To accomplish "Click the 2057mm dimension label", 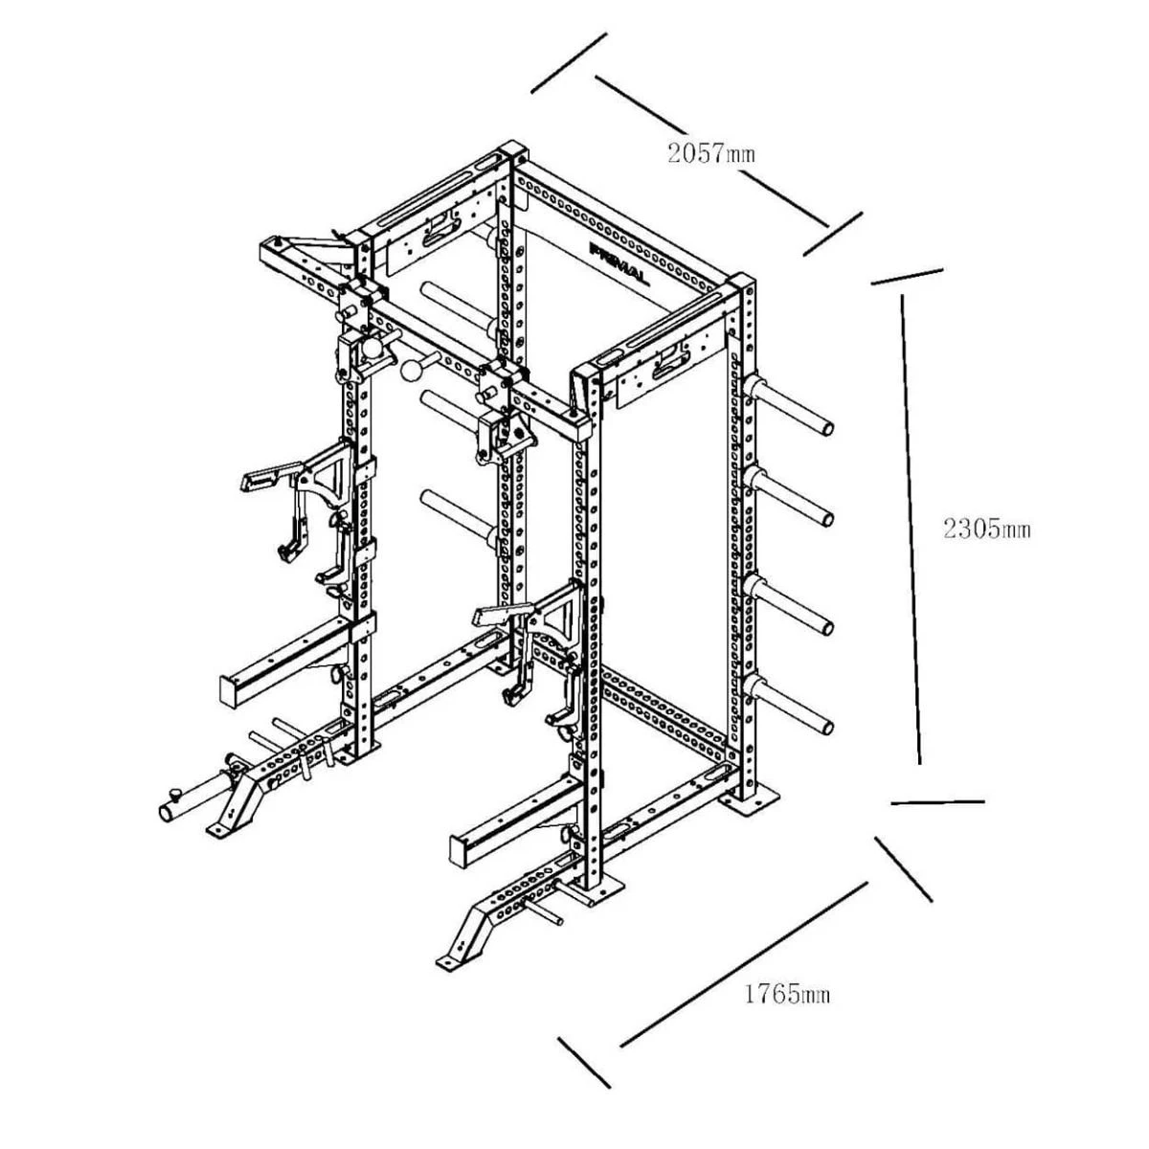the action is [x=711, y=154].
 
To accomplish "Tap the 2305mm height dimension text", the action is [x=987, y=529].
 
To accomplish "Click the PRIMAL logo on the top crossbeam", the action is [x=619, y=263].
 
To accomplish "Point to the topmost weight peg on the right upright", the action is [x=787, y=405].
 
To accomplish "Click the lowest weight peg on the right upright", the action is [x=787, y=703].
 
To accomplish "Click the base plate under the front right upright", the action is [x=597, y=895].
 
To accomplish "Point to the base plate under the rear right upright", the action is [x=750, y=799].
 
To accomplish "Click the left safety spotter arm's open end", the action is [x=230, y=690].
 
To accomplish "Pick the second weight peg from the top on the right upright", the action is [x=787, y=498].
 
